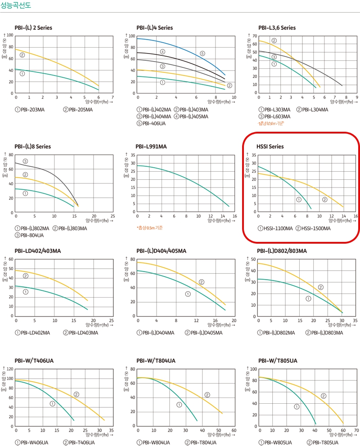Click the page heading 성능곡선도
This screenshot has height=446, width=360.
(x=16, y=6)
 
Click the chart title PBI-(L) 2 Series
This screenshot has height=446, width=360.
(x=33, y=28)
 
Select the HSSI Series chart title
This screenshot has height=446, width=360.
(x=270, y=147)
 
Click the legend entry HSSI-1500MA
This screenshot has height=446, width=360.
(x=313, y=228)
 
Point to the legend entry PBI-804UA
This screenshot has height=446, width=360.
(x=30, y=235)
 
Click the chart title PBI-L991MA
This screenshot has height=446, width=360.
(x=151, y=147)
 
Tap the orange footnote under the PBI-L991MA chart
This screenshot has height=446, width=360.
(x=150, y=228)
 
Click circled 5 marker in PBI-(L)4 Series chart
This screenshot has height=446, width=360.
(x=202, y=54)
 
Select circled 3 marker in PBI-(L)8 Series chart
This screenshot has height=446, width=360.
(x=25, y=161)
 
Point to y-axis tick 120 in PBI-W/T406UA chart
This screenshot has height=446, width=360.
(x=10, y=369)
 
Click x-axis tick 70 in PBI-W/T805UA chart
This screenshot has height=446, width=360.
(x=356, y=430)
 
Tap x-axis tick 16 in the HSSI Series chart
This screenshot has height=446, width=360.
(x=356, y=216)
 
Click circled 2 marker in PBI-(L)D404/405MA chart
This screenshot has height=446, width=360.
(x=201, y=282)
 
